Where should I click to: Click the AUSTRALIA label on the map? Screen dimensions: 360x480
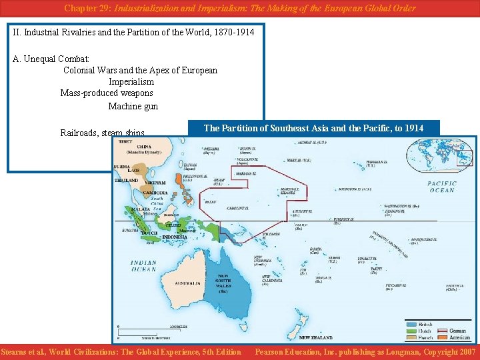[187, 283]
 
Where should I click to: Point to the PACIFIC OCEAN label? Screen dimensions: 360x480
[442, 187]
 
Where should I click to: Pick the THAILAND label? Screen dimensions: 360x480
[127, 181]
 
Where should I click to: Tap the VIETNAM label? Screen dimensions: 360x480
[155, 183]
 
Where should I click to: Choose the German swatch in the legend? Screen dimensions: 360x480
[442, 331]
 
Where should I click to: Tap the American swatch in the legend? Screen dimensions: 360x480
[442, 337]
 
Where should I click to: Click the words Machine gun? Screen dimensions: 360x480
[133, 106]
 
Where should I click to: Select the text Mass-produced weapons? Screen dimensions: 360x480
[107, 93]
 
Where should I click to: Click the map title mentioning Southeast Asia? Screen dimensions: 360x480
[313, 128]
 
